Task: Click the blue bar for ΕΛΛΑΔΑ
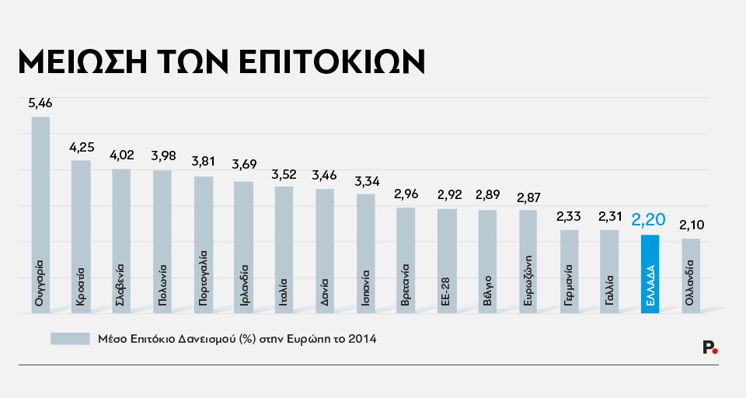click(x=650, y=274)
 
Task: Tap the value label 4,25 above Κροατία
click(x=81, y=148)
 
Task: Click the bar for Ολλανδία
click(x=691, y=276)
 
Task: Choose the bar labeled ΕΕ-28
click(x=447, y=261)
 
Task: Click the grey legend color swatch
click(x=70, y=340)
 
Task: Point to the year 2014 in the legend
click(x=361, y=340)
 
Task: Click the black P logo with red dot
click(x=709, y=347)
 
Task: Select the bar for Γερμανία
click(x=569, y=271)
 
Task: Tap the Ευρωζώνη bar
click(x=528, y=262)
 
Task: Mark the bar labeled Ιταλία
click(x=284, y=250)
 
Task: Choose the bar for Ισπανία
click(x=365, y=253)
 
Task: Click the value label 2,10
click(x=691, y=225)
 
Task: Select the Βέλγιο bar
click(x=487, y=262)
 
